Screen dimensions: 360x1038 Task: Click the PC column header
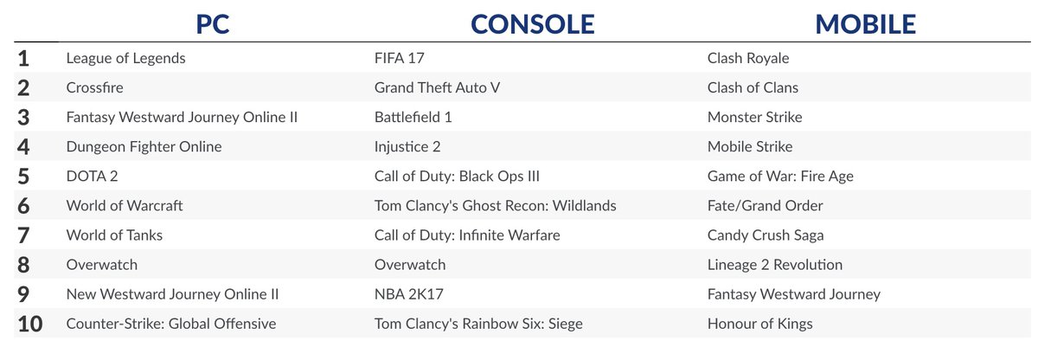tap(212, 23)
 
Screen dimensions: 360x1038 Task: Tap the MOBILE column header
tap(865, 23)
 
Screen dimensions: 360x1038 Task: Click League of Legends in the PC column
tap(125, 59)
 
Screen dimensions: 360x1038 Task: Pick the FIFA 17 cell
tap(399, 59)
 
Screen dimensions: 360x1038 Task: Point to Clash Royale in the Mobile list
tap(748, 59)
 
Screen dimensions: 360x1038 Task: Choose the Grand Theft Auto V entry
tap(437, 88)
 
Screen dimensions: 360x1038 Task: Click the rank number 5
tap(23, 177)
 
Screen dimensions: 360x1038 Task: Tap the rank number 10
tap(29, 324)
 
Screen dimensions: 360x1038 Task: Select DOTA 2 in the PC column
tap(92, 177)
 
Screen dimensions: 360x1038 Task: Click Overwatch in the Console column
tap(410, 265)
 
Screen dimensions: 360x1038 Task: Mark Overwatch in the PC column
tap(102, 265)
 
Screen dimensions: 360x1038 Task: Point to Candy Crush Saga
tap(766, 235)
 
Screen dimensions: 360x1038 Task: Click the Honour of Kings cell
tap(759, 324)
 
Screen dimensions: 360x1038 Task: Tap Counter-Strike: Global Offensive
tap(171, 324)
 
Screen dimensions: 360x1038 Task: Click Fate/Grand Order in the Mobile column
tap(765, 206)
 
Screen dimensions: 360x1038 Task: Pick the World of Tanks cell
tap(114, 235)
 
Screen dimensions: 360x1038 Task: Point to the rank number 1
tap(23, 59)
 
